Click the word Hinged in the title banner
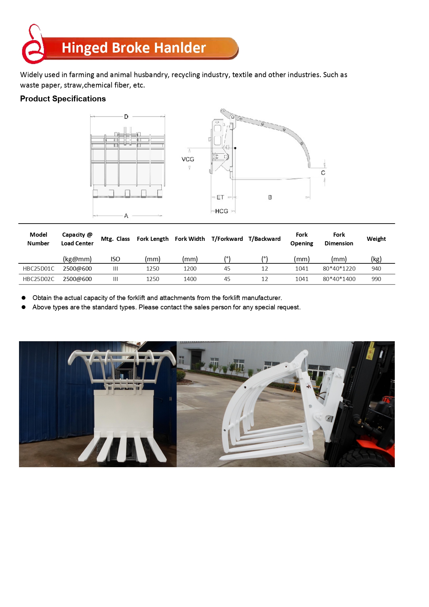point(85,48)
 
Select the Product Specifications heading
point(63,99)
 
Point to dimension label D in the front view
point(126,117)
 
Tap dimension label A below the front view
point(126,216)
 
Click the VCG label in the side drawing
point(188,159)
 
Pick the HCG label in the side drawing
point(221,211)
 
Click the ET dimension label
point(220,197)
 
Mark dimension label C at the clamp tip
point(323,173)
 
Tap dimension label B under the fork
point(270,197)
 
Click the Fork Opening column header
point(301,239)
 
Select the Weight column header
point(376,239)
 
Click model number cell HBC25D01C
point(38,269)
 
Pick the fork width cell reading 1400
point(190,279)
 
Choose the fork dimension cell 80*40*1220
point(339,269)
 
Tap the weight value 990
point(376,279)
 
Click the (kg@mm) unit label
point(77,259)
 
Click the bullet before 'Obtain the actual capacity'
point(24,298)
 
